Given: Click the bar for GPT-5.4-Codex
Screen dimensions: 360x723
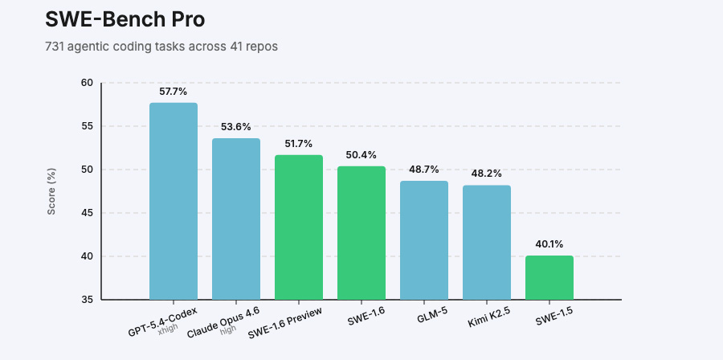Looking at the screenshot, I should tap(174, 201).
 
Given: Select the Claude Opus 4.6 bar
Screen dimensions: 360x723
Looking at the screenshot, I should tap(236, 219).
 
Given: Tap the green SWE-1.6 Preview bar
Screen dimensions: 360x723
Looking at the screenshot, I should tap(299, 227).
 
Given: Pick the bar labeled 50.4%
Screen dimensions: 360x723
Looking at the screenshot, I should tap(361, 232).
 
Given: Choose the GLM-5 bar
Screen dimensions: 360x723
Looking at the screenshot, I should tap(424, 239).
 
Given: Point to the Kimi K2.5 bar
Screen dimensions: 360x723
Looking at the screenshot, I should tap(487, 242).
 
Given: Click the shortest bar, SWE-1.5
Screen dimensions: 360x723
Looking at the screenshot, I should tap(549, 277).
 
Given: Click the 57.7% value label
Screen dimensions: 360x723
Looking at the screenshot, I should tap(174, 92).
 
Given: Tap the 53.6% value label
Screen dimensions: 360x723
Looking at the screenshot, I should tap(236, 127).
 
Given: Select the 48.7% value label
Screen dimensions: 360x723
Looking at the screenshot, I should tap(424, 170).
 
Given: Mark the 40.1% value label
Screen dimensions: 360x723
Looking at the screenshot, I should tap(549, 244).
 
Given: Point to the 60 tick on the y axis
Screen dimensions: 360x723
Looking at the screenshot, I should tap(87, 83).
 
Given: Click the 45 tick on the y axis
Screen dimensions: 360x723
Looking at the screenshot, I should tap(87, 213).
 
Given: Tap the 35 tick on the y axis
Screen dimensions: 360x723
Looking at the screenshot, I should tap(87, 300).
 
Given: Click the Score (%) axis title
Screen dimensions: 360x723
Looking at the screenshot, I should tap(51, 191).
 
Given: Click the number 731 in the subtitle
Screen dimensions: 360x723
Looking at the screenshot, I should tap(55, 47).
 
